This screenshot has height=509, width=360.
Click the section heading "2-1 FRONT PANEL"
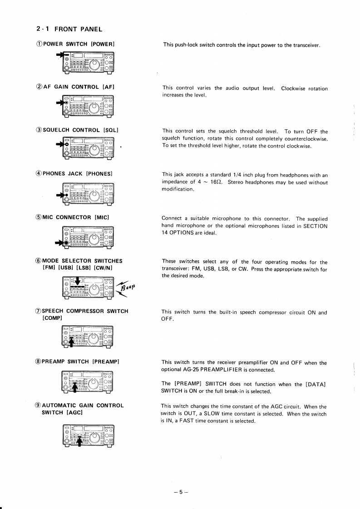tap(69, 29)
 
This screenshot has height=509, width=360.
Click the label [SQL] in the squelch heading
tap(111, 130)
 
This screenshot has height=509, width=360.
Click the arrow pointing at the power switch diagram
tap(59, 55)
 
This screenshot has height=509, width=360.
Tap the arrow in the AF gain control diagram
tap(60, 103)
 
